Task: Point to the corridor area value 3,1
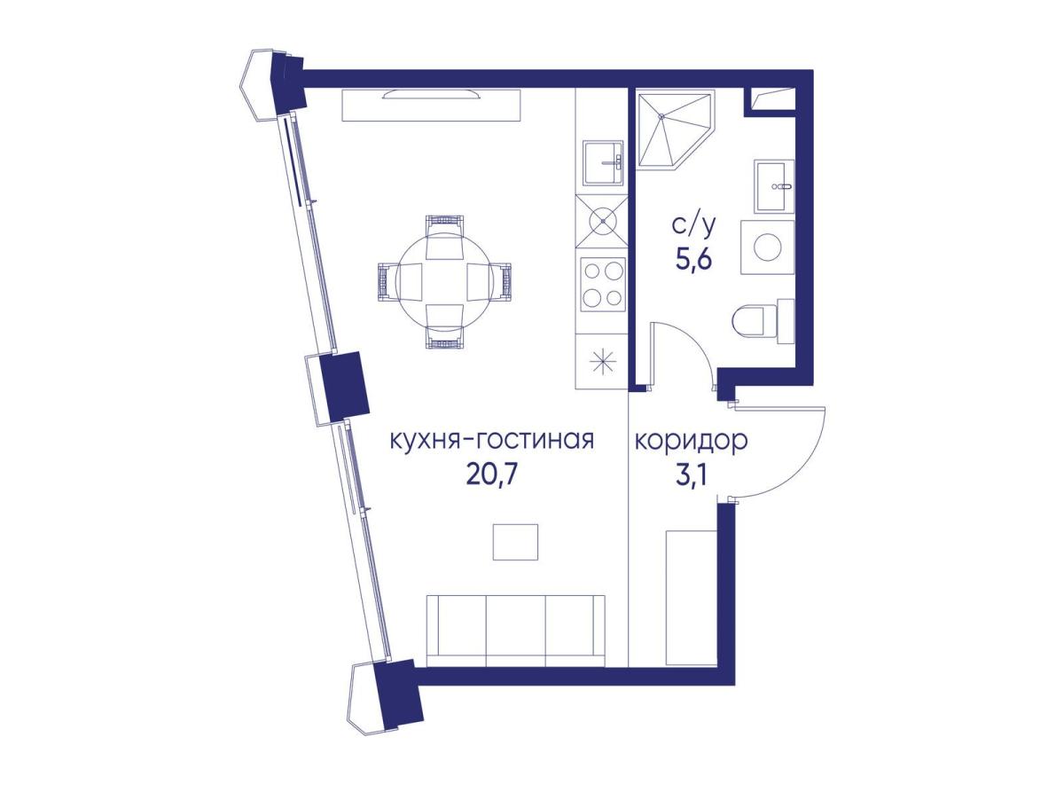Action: point(691,476)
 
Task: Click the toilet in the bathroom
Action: point(762,321)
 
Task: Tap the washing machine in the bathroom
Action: point(767,247)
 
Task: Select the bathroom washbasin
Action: point(774,186)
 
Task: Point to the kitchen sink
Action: point(603,163)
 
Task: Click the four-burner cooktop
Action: point(603,286)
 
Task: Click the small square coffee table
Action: point(515,542)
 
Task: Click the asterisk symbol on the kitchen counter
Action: point(603,361)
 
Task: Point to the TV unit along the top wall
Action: point(430,105)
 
